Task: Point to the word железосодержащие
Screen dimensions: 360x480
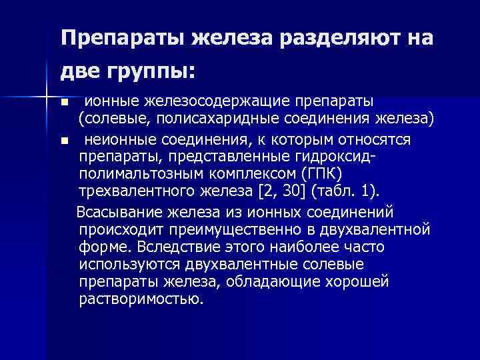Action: point(199,101)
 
